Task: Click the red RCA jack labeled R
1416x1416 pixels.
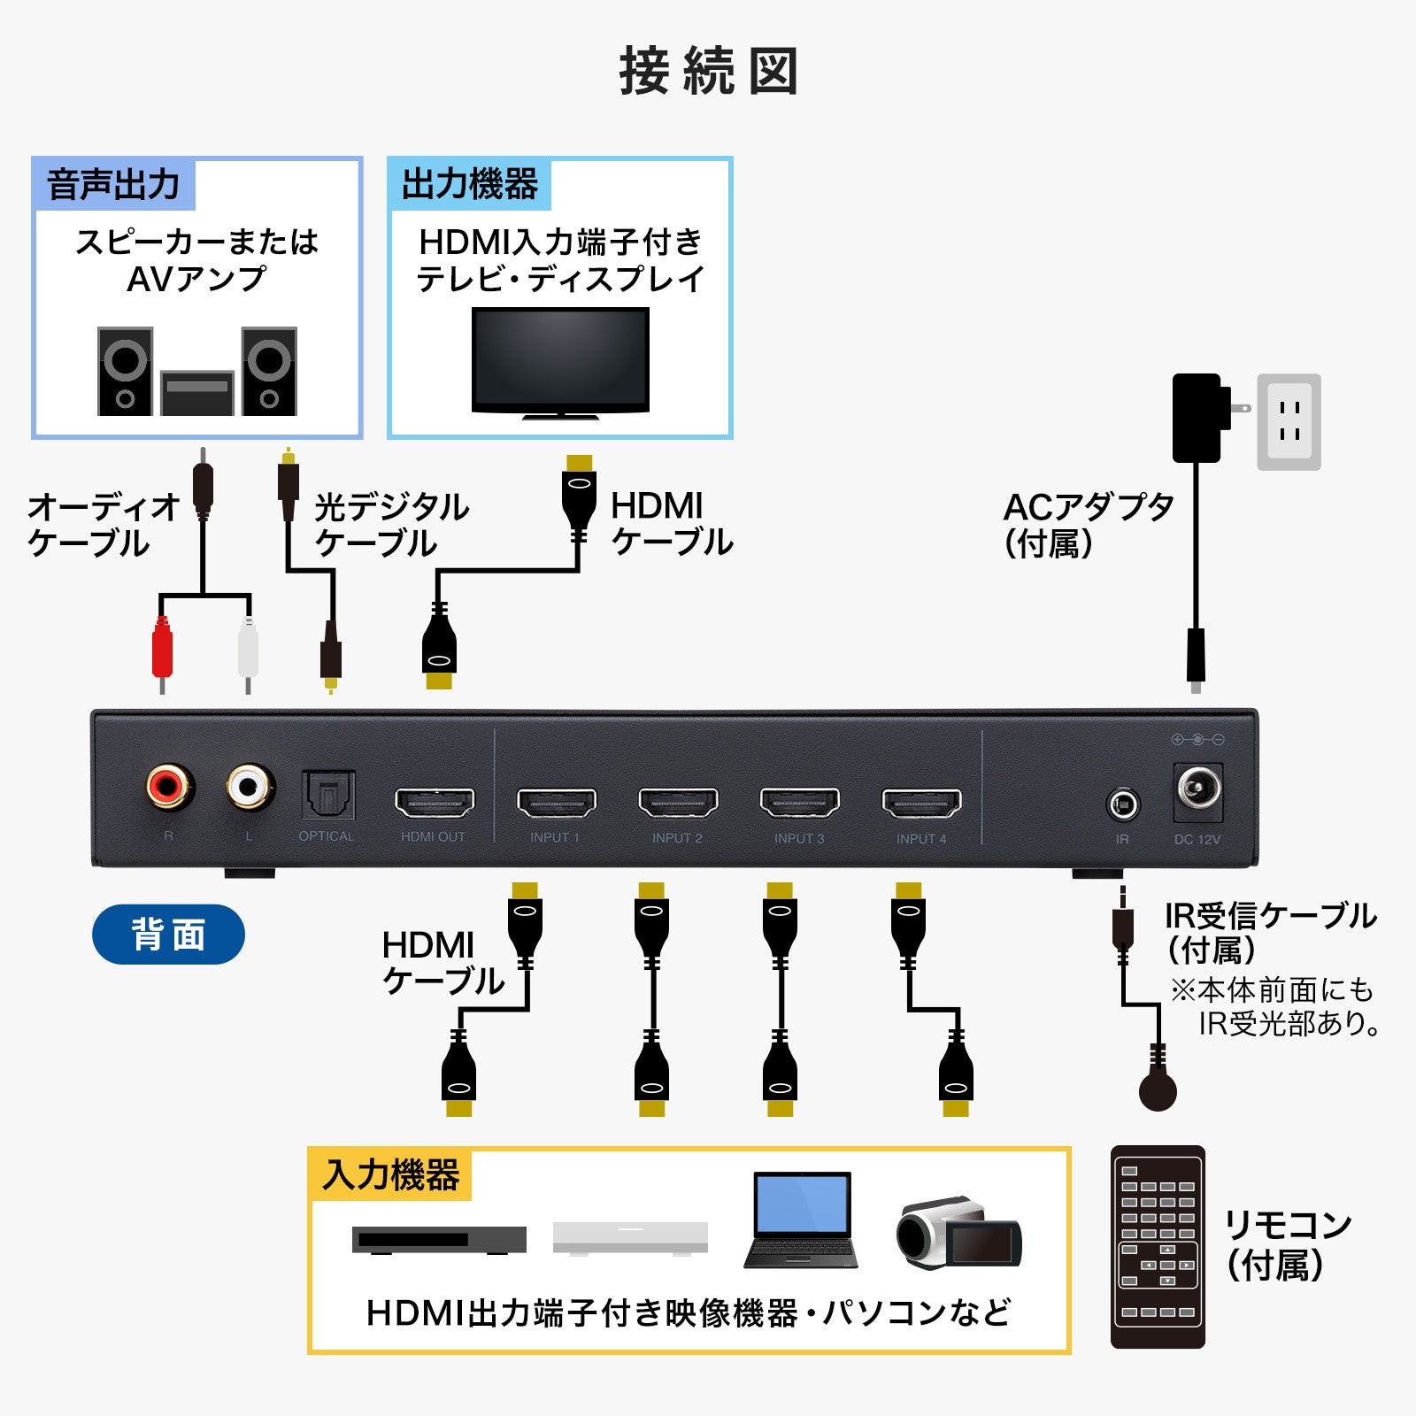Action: pos(170,786)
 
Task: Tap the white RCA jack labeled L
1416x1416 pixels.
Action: pos(250,786)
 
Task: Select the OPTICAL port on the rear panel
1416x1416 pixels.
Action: pos(328,795)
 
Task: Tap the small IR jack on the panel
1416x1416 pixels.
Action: pos(1123,805)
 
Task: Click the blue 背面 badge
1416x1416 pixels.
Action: pos(168,935)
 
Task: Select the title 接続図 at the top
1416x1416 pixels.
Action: pos(708,71)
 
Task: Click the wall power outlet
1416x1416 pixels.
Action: pos(1289,421)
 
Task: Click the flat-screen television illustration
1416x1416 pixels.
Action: pos(560,361)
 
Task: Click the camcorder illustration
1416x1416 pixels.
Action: pos(958,1232)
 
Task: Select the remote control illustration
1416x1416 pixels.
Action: pos(1158,1246)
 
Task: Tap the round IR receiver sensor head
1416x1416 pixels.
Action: pos(1158,1090)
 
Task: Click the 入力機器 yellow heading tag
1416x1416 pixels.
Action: pos(390,1175)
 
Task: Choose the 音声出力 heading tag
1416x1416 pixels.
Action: pos(113,184)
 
